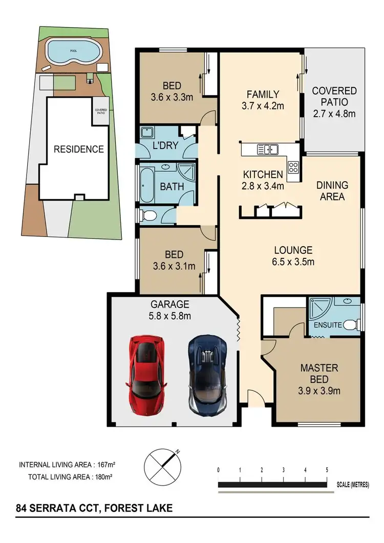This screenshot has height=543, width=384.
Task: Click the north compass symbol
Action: point(163,466)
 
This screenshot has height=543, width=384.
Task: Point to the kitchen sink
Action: point(268,149)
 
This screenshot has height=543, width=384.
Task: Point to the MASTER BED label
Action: point(319,374)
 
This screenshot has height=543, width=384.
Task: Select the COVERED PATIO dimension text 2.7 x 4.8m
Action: point(334,114)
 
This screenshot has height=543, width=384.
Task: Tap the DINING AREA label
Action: point(332,190)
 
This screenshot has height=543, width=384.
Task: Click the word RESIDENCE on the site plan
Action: point(79,149)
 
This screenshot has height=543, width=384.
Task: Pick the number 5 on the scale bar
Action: point(327,470)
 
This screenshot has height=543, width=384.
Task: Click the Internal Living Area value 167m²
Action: point(102,465)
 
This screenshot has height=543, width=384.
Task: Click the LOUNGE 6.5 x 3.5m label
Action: point(293,256)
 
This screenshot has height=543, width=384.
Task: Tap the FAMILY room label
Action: point(263,94)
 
